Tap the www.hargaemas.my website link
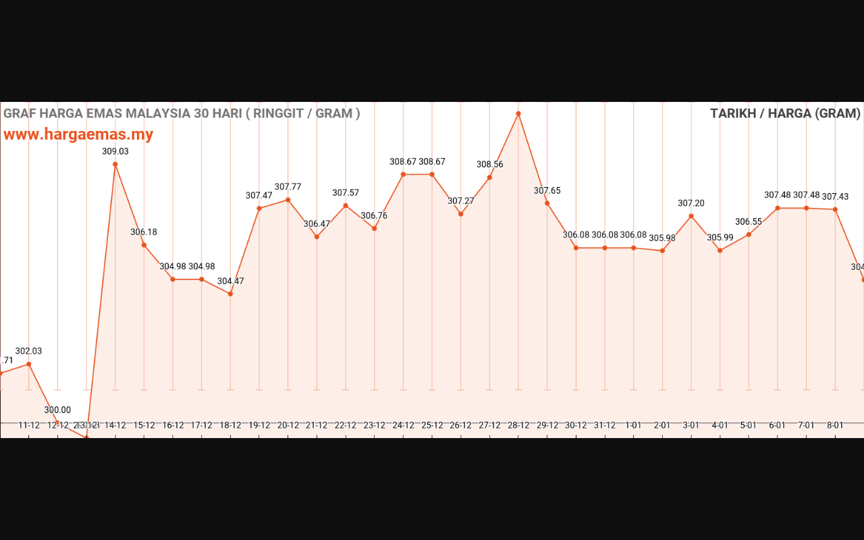(78, 134)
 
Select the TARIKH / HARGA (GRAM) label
(785, 113)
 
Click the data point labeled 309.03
(115, 164)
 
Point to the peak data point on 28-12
(518, 113)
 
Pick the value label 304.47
(230, 281)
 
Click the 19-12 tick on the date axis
(259, 425)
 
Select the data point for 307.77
(288, 200)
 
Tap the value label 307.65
(547, 190)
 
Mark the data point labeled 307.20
(691, 216)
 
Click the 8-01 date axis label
(835, 425)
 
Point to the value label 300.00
(57, 410)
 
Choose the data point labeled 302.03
(28, 364)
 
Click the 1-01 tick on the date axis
(633, 425)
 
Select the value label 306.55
(749, 221)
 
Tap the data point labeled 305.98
(662, 250)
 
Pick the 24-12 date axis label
(403, 425)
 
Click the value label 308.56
(489, 164)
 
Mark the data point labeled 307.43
(835, 209)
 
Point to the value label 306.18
(144, 232)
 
